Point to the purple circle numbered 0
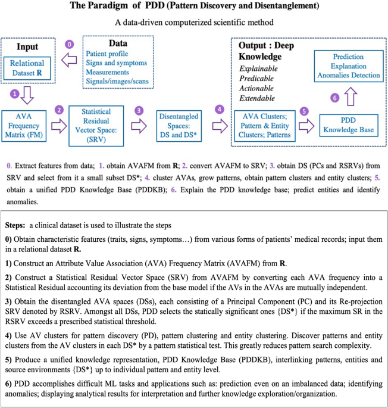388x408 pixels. click(x=69, y=44)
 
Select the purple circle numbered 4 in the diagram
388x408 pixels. click(x=220, y=110)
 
